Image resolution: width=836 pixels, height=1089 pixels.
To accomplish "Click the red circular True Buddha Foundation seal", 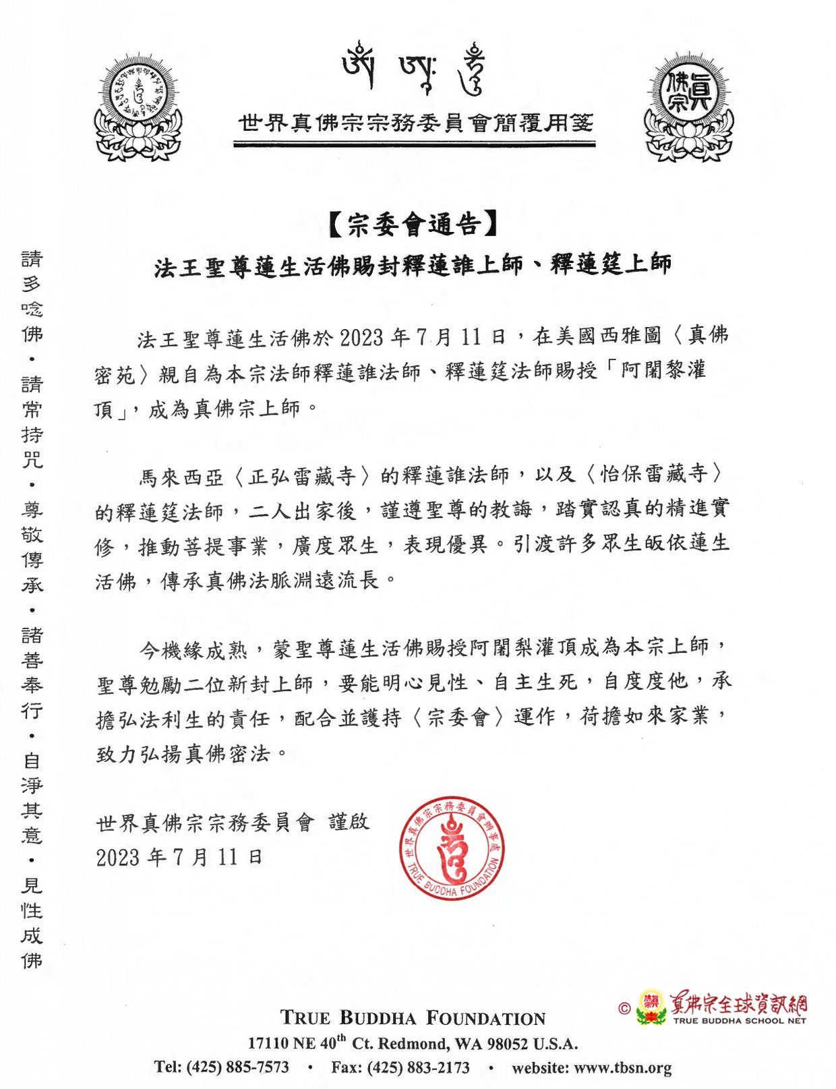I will (x=451, y=849).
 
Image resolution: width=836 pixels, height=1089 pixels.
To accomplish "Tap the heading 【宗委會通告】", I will (x=414, y=225).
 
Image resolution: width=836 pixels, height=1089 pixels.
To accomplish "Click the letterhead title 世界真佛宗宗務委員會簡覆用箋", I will (x=416, y=123).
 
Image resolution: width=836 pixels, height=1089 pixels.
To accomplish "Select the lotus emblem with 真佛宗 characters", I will (x=688, y=110).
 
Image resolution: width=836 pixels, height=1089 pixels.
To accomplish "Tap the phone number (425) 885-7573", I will (x=237, y=1067).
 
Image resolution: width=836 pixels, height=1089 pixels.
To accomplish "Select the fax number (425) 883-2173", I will (x=418, y=1067).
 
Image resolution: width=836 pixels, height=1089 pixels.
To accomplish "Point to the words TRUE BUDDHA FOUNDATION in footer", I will (x=413, y=1018).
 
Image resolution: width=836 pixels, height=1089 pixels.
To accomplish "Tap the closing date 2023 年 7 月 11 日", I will (x=179, y=858).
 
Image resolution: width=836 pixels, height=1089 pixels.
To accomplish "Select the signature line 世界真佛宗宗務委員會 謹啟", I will (x=233, y=822).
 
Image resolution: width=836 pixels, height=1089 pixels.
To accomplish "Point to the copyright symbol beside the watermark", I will (x=624, y=1009).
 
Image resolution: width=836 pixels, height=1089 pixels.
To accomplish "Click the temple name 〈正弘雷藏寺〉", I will (x=301, y=477).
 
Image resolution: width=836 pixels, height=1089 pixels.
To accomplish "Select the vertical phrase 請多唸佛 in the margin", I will (x=32, y=296).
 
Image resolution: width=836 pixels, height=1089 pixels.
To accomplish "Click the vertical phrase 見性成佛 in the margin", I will (x=32, y=922).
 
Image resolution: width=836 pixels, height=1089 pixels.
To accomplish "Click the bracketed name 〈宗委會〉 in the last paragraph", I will (x=457, y=717).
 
